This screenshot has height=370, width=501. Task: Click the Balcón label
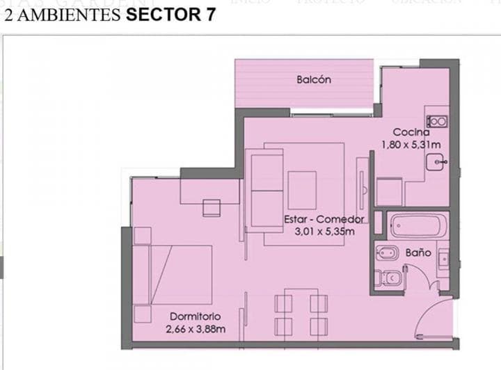[313, 80]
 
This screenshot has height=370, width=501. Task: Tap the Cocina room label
[411, 132]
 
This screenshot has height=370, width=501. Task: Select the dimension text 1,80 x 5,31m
[411, 145]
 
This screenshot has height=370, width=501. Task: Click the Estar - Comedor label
[324, 219]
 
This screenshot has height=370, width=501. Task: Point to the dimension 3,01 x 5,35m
[324, 232]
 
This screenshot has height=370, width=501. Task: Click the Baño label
[418, 252]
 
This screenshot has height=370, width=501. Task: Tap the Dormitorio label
[195, 316]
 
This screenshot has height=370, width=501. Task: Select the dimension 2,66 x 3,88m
[196, 329]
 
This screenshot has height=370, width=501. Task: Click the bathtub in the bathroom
[417, 225]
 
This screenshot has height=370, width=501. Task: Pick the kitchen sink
[436, 163]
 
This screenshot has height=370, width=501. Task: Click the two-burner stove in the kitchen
[437, 121]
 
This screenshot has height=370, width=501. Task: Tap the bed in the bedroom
[173, 274]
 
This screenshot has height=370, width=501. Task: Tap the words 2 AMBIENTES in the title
[63, 15]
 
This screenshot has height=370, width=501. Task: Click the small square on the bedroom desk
[212, 207]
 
